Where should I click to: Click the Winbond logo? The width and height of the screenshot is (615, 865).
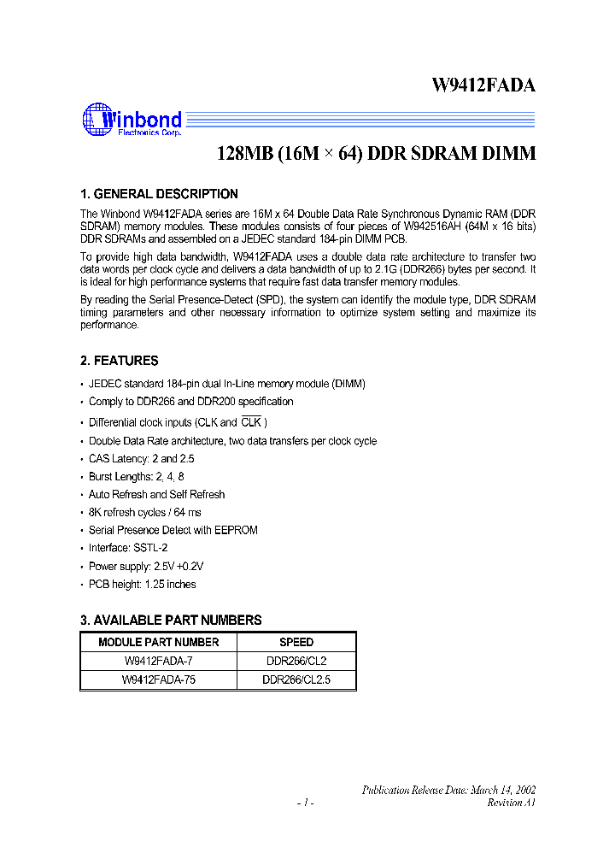click(132, 120)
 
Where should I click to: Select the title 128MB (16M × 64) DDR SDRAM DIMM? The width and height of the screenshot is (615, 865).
click(377, 154)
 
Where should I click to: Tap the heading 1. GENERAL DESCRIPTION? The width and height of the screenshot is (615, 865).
click(159, 194)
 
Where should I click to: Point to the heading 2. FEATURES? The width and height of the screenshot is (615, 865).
click(119, 361)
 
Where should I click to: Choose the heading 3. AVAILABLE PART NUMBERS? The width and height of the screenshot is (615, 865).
click(171, 620)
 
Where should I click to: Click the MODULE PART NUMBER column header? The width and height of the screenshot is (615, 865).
click(159, 642)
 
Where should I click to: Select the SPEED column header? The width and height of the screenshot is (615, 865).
click(296, 642)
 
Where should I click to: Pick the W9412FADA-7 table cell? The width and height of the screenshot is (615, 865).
click(159, 661)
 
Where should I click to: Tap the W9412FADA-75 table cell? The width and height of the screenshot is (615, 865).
click(159, 680)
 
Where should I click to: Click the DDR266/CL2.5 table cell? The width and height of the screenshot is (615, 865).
click(296, 680)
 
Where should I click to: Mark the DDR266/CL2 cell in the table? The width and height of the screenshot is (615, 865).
click(296, 661)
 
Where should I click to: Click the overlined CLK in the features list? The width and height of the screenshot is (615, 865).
click(251, 422)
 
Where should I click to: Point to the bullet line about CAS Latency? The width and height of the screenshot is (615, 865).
click(142, 458)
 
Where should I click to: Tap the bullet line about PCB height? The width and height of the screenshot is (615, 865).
click(142, 585)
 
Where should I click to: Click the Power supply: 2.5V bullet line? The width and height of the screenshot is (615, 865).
click(146, 566)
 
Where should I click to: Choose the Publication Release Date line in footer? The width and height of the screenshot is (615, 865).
click(448, 791)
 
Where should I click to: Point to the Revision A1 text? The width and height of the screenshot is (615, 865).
click(511, 803)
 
